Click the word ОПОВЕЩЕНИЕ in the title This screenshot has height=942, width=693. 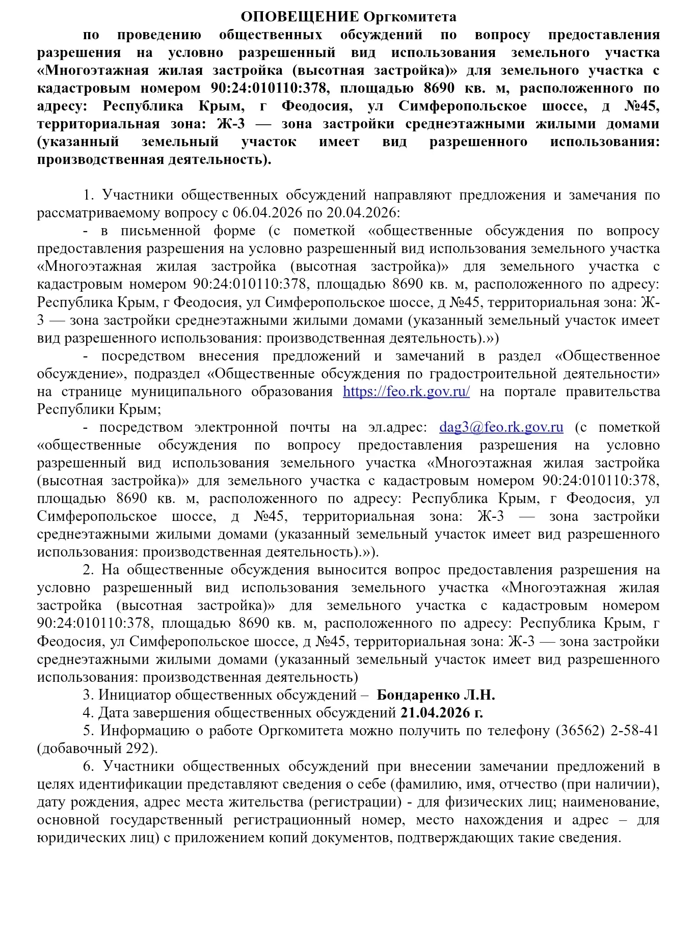[x=300, y=17]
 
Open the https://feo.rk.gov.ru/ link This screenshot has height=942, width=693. [x=406, y=391]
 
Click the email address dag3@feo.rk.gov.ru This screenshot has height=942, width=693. [x=501, y=427]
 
